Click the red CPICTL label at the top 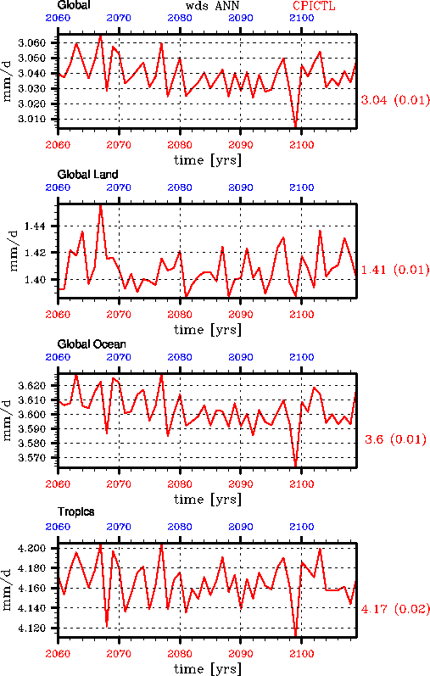pos(314,6)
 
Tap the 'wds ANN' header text pos(212,6)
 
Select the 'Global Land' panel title pos(87,174)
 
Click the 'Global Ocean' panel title pos(92,344)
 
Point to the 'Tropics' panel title pos(76,511)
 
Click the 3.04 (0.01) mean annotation pos(395,100)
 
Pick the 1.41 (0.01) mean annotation pos(395,270)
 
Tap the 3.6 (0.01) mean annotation pos(395,439)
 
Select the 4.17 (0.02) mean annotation pos(395,609)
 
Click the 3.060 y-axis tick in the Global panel pos(32,42)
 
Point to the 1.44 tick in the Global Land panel pos(35,226)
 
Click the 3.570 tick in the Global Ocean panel pos(32,458)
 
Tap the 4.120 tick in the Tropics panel pos(32,628)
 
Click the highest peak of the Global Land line pos(100,205)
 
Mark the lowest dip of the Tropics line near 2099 pos(295,634)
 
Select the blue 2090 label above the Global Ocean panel pos(241,357)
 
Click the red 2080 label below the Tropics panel pos(180,654)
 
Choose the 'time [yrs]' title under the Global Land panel pos(208,330)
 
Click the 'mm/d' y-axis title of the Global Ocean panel pos(7,421)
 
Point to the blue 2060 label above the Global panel pos(58,18)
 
